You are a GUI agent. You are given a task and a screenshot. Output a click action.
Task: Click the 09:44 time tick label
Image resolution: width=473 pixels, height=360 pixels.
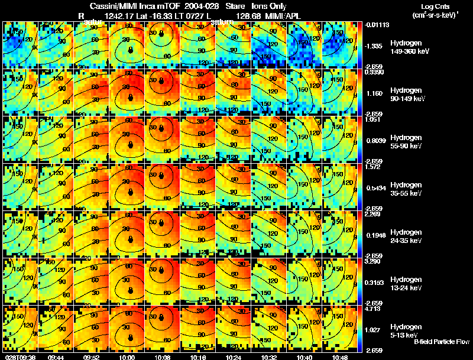pyautogui.click(x=56, y=357)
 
